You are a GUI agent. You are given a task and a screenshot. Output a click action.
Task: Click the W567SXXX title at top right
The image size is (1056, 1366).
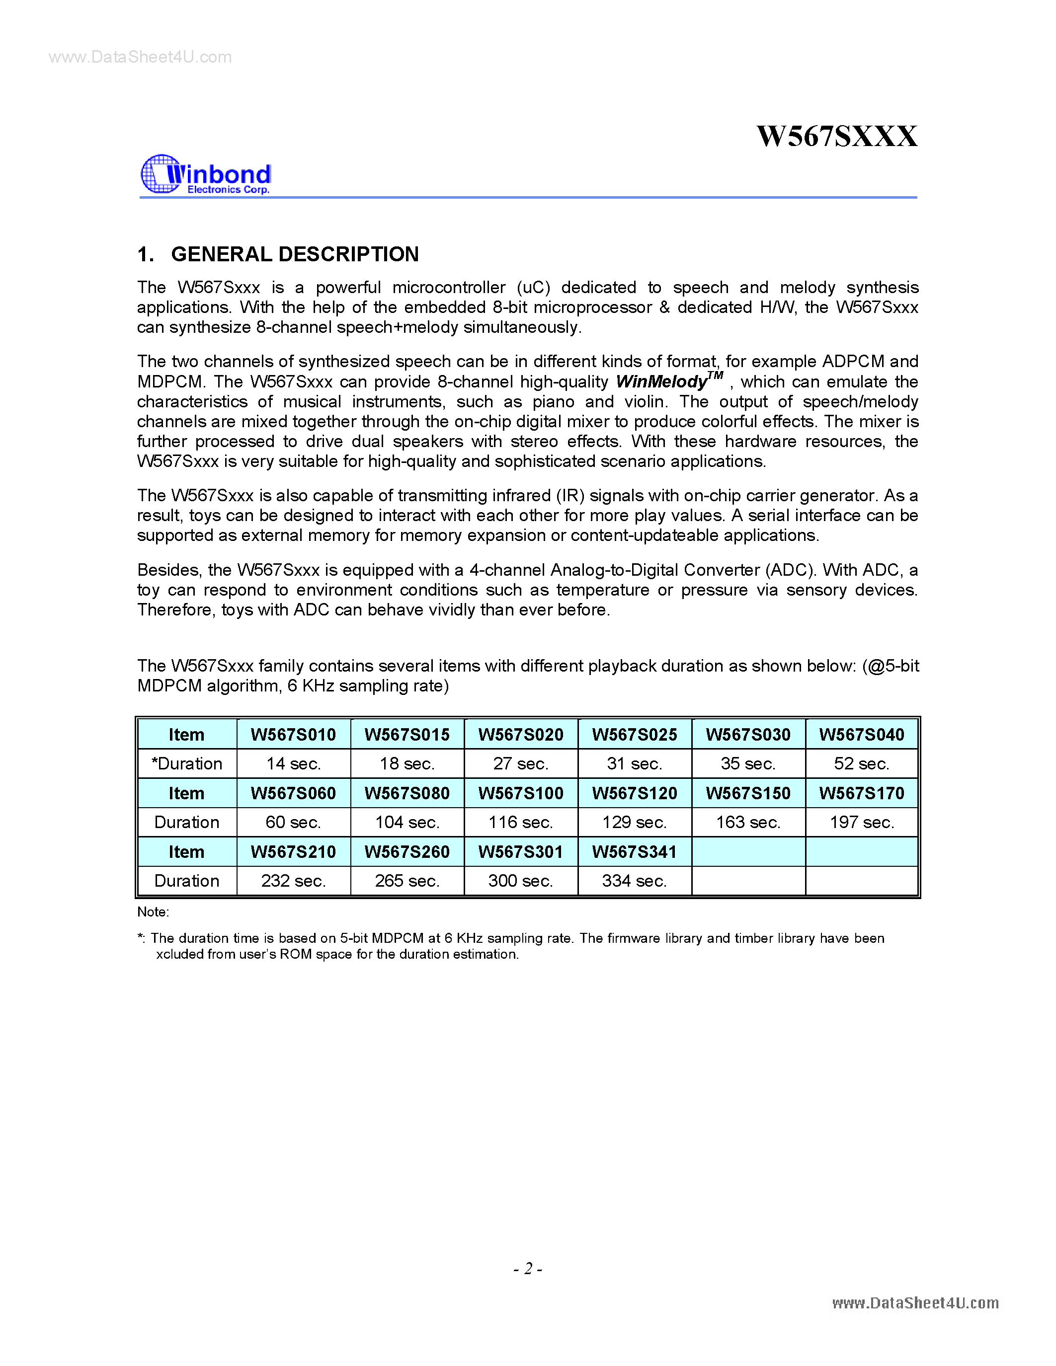[x=836, y=136]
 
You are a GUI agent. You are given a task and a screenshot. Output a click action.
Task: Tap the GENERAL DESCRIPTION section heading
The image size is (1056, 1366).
[x=295, y=254]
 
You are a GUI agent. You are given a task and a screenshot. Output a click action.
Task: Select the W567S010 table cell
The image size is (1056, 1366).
[x=293, y=734]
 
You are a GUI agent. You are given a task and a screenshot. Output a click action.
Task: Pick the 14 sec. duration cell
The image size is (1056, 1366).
[x=293, y=763]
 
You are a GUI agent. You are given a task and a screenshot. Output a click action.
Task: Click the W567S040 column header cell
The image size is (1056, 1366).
[x=861, y=734]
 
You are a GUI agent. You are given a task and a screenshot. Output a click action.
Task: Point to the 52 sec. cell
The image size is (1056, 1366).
[x=861, y=763]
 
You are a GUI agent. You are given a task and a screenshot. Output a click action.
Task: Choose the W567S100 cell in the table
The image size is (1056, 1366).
[x=520, y=793]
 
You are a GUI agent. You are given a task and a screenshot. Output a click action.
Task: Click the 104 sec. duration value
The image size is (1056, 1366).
[x=407, y=823]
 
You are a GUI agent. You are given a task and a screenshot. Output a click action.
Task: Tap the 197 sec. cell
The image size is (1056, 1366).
[x=861, y=823]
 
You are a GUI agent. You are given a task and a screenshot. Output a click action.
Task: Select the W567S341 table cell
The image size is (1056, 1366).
[x=635, y=852]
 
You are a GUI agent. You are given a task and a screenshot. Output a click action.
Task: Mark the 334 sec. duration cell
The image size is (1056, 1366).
[x=635, y=881]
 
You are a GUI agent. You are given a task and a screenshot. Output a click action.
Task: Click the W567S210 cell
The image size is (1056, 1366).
[x=293, y=852]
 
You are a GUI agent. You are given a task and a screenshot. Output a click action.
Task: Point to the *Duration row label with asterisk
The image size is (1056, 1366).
[x=186, y=763]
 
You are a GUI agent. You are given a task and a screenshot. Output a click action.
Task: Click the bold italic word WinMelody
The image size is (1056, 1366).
[x=662, y=381]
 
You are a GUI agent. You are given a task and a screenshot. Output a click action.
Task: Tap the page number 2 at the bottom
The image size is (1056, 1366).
[x=528, y=1269]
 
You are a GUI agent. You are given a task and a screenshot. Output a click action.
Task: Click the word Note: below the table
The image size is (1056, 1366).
[x=153, y=912]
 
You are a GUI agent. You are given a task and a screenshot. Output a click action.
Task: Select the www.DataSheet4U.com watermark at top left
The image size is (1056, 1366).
[x=140, y=58]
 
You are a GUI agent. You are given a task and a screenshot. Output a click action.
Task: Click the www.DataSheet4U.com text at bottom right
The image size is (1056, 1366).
[x=915, y=1303]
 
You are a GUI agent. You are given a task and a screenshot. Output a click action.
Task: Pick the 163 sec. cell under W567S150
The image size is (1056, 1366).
[x=748, y=823]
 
